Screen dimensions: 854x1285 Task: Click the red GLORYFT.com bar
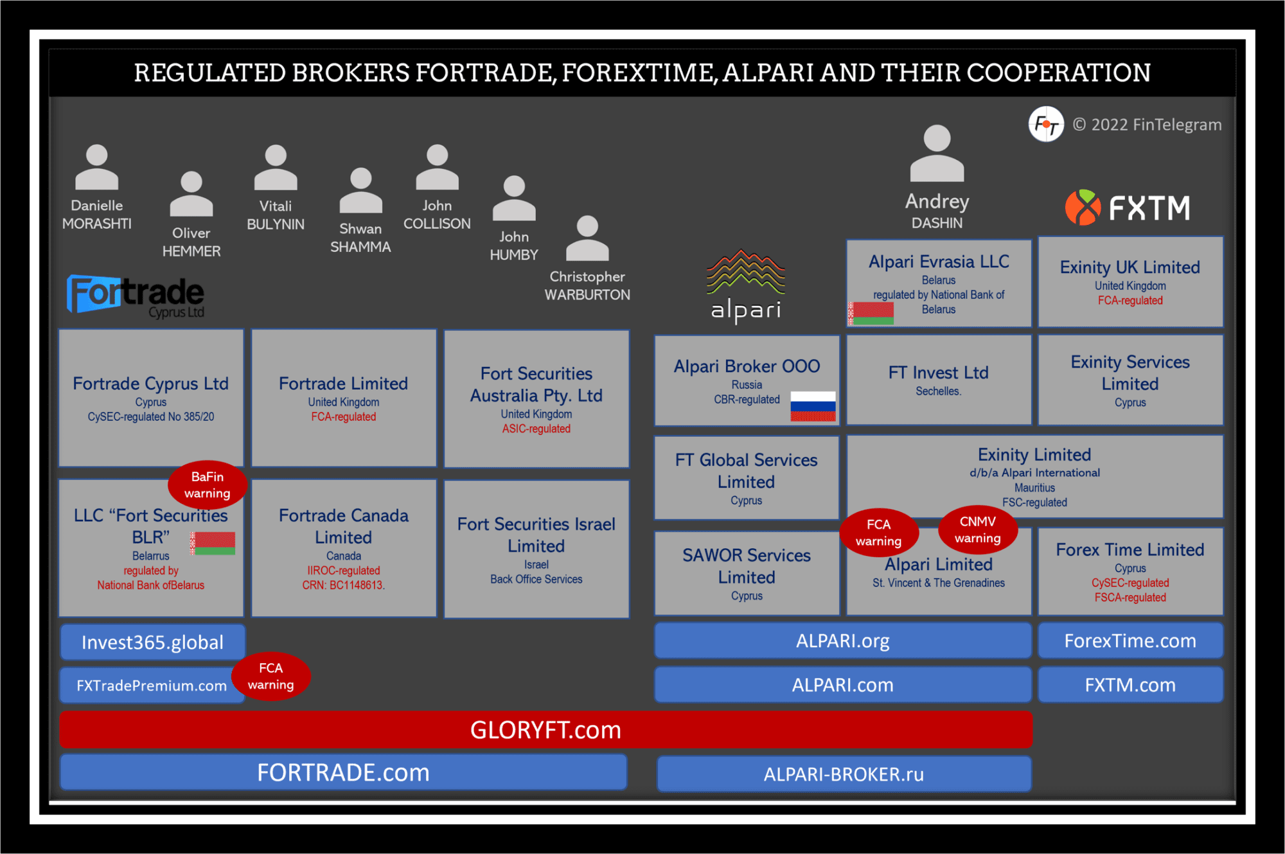545,729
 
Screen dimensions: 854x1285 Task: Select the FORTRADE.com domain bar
343,772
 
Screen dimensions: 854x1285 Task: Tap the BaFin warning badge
207,485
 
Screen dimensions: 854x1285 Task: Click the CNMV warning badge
977,529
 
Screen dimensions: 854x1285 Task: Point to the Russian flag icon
813,406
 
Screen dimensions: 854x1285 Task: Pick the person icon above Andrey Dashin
937,154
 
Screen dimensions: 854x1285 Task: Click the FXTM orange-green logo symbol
1083,208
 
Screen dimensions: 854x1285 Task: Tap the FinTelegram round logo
1045,124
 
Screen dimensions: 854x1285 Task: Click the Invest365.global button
152,642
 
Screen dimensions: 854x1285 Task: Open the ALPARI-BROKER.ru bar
843,774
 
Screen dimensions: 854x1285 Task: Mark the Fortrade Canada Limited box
344,548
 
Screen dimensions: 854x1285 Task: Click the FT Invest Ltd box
938,380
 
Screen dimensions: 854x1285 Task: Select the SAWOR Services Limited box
746,573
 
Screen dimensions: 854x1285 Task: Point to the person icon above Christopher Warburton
587,239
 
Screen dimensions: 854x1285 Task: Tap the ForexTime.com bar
1130,641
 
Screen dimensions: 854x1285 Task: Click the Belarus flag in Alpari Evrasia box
871,313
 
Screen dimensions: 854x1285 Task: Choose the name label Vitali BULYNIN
276,215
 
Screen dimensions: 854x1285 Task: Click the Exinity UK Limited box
1130,281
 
